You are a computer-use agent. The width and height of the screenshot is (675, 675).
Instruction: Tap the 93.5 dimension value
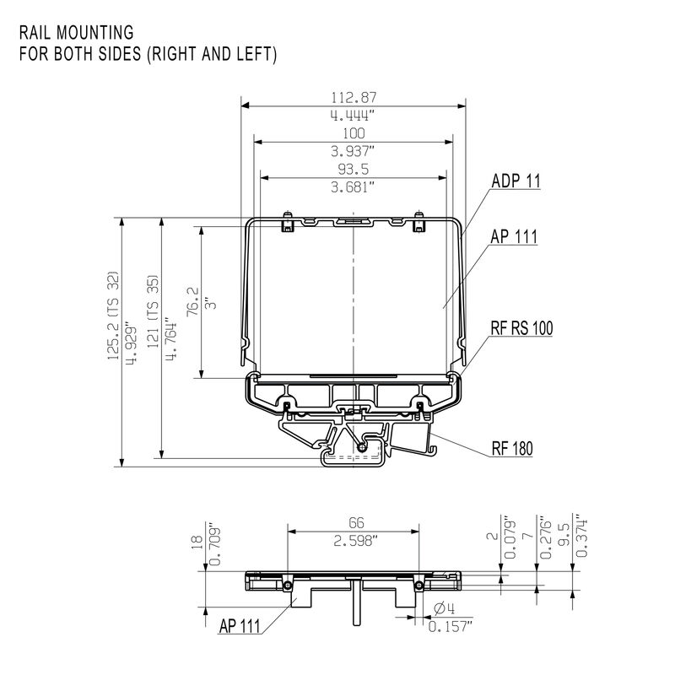[x=354, y=168]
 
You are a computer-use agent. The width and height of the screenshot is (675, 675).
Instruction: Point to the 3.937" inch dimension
[x=354, y=151]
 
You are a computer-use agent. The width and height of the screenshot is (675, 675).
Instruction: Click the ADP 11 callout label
[x=516, y=181]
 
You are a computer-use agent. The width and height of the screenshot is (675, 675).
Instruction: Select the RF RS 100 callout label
[x=521, y=330]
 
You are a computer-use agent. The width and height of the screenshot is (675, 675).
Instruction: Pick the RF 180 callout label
[x=512, y=449]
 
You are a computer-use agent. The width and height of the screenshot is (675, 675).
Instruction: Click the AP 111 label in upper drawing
[x=514, y=237]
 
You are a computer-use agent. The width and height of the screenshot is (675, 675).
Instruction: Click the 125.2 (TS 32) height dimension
[x=113, y=315]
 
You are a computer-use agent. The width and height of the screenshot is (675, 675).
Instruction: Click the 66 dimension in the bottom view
[x=354, y=523]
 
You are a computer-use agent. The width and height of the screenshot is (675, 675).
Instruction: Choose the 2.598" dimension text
[x=354, y=541]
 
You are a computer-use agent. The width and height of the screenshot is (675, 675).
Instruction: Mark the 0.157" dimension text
[x=451, y=626]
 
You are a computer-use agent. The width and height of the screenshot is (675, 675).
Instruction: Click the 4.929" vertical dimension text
[x=129, y=343]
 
